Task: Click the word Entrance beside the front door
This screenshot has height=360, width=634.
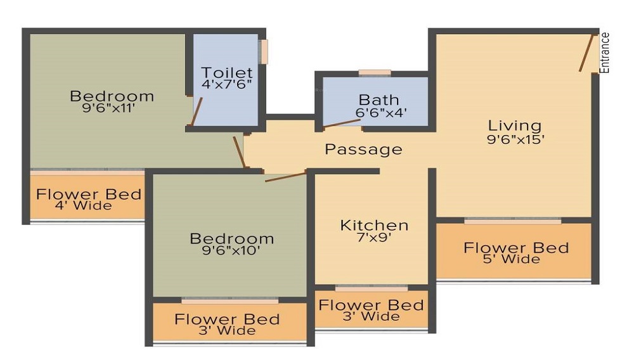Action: [605, 53]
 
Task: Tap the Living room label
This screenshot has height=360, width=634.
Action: [514, 125]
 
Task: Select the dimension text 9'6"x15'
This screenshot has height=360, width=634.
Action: [515, 139]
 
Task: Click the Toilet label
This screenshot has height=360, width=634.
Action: [227, 73]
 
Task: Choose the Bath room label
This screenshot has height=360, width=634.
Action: [379, 100]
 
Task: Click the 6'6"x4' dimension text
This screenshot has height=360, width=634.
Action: [380, 113]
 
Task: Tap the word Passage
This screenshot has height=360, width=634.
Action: [363, 150]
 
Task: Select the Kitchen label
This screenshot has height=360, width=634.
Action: [374, 225]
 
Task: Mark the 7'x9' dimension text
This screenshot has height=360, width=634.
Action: [374, 238]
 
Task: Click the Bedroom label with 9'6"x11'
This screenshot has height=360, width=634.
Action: [112, 96]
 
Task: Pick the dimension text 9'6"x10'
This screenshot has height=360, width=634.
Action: [232, 250]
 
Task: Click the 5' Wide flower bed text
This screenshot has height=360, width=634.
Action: [515, 259]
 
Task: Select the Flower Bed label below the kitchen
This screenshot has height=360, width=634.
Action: [371, 305]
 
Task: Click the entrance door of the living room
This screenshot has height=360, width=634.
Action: [586, 53]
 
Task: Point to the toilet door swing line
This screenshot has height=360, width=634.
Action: [197, 113]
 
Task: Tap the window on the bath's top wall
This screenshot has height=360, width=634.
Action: [375, 73]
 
